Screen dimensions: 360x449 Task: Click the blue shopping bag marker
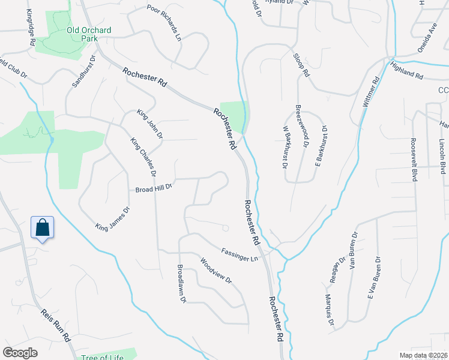42,228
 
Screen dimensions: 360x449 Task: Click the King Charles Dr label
143,157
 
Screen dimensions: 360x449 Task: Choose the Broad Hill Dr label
154,187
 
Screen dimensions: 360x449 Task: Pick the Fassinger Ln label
239,254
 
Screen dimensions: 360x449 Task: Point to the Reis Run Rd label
56,326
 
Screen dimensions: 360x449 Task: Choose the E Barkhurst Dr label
319,146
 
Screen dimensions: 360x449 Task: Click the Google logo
20,353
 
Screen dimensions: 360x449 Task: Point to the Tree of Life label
103,356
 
